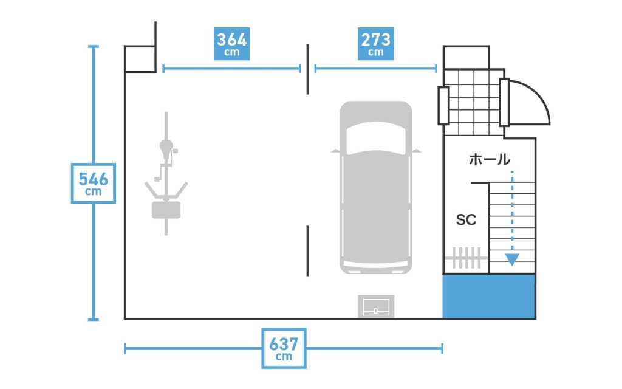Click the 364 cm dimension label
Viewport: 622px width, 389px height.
(x=231, y=44)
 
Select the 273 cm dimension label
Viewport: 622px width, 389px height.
(x=375, y=44)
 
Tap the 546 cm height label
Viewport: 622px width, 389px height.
(x=93, y=184)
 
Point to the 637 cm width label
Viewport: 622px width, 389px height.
(x=284, y=348)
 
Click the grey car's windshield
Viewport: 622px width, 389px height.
(x=375, y=138)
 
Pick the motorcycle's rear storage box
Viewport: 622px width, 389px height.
(x=166, y=210)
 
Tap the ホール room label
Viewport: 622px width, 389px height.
(x=490, y=160)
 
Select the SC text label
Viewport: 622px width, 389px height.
(x=466, y=219)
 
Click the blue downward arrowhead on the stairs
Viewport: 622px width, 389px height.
(x=512, y=260)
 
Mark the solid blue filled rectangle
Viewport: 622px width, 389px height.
(x=489, y=296)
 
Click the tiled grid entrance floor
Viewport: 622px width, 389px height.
(x=474, y=102)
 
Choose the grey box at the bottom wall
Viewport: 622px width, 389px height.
(x=376, y=306)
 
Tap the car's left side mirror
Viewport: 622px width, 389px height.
(x=335, y=151)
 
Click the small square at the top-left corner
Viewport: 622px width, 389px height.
(x=140, y=59)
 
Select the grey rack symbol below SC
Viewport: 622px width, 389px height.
(x=466, y=258)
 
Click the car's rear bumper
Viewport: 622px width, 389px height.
(x=375, y=267)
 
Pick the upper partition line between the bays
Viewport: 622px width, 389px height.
(x=307, y=69)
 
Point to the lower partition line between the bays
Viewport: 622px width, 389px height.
(x=307, y=251)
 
